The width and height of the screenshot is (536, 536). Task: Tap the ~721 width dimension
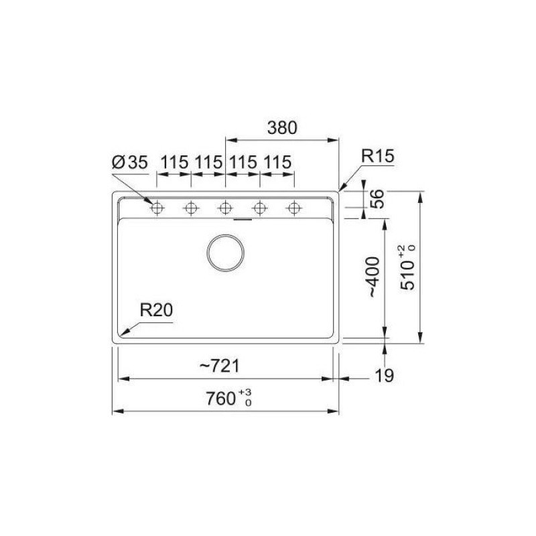click(220, 366)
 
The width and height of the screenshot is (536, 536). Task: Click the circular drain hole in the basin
click(226, 253)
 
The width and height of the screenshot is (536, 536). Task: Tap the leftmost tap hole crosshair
click(157, 208)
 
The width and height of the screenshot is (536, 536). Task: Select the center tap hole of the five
click(225, 208)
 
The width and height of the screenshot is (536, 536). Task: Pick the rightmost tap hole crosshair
click(293, 208)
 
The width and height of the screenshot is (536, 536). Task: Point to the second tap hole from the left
click(192, 208)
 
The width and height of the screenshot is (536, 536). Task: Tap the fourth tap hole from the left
click(259, 208)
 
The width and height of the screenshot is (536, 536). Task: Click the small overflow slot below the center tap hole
click(242, 218)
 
